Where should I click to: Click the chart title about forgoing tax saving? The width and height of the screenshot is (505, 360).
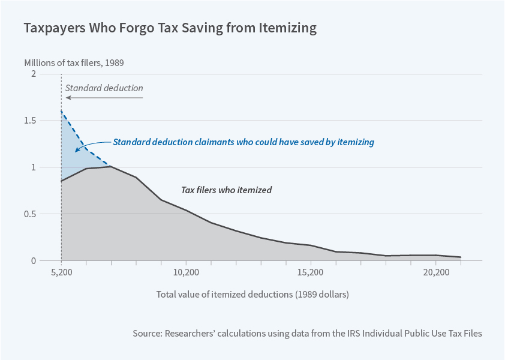(170, 28)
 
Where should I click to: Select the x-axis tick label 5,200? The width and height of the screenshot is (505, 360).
(61, 272)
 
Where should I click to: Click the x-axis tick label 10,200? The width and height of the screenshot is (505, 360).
(186, 272)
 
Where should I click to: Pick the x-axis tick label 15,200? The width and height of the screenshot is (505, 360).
(310, 272)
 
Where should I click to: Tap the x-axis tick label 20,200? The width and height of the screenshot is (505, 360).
(435, 272)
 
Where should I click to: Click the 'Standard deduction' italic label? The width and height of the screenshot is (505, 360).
(104, 88)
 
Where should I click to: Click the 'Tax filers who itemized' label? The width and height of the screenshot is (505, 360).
(226, 190)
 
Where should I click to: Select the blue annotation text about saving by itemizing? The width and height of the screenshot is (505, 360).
(244, 142)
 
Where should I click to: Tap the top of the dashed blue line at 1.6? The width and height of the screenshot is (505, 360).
(62, 112)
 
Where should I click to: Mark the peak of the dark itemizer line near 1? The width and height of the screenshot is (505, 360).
(110, 166)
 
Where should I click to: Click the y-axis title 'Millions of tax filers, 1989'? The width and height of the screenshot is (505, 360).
(73, 62)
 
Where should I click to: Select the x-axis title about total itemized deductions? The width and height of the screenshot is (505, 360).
(252, 295)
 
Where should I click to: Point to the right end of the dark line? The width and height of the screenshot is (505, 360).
(460, 257)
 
